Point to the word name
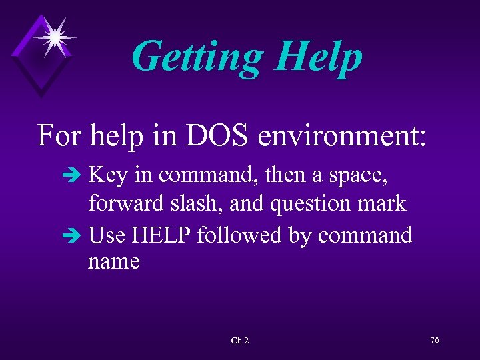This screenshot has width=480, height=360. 114,262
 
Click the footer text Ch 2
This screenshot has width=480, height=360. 240,341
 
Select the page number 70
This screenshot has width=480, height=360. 434,341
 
